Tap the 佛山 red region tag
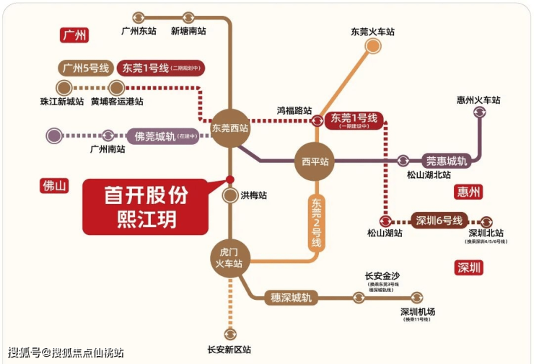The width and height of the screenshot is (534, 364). tap(54, 186)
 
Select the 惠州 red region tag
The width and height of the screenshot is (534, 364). tap(469, 192)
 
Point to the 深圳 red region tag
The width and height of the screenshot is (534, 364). tap(469, 268)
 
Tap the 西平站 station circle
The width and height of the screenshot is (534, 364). tap(315, 161)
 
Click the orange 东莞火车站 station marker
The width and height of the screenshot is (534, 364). tap(373, 46)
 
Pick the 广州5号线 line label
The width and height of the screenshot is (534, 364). tap(84, 68)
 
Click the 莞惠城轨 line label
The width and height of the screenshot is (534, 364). tap(446, 161)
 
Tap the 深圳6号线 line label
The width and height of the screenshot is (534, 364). tap(439, 221)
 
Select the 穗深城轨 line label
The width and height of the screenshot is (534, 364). tap(291, 297)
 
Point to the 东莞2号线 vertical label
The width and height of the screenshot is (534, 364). tap(315, 223)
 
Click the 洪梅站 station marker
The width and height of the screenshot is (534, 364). tap(230, 195)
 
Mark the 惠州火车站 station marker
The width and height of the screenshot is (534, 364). tap(479, 112)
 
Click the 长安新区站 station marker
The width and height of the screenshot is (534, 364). tap(230, 334)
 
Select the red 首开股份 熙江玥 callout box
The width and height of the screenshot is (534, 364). tap(149, 206)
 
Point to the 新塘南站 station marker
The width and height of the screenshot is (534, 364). tap(189, 17)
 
